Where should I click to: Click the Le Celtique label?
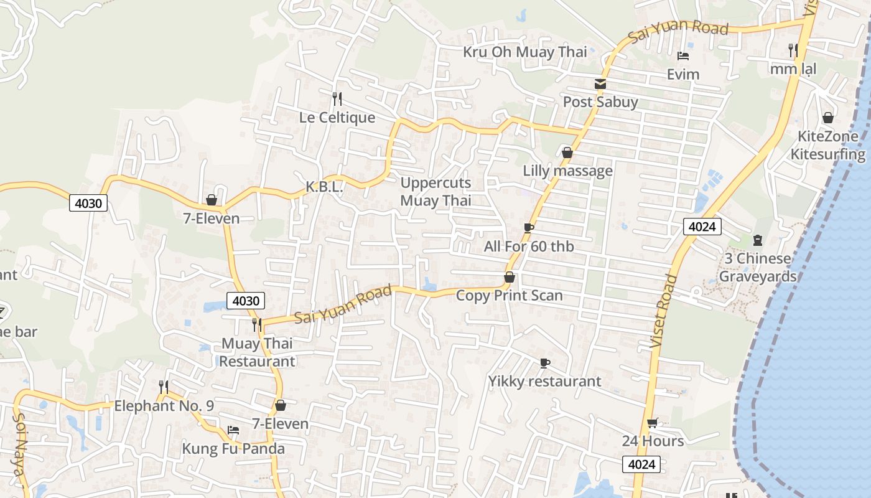pyautogui.click(x=337, y=118)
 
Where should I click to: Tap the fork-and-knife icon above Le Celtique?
pyautogui.click(x=337, y=98)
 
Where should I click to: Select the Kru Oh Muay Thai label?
pyautogui.click(x=524, y=52)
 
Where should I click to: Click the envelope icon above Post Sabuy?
pyautogui.click(x=600, y=83)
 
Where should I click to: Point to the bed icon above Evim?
pyautogui.click(x=683, y=56)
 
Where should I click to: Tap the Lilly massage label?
pyautogui.click(x=567, y=171)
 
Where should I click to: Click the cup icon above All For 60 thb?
pyautogui.click(x=529, y=228)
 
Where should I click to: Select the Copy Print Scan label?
pyautogui.click(x=509, y=296)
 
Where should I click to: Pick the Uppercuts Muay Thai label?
pyautogui.click(x=435, y=192)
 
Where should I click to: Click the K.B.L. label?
pyautogui.click(x=324, y=187)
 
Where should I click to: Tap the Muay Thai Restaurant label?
pyautogui.click(x=257, y=352)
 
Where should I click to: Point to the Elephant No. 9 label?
pyautogui.click(x=164, y=406)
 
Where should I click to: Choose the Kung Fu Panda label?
pyautogui.click(x=233, y=449)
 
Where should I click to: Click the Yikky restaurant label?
pyautogui.click(x=544, y=381)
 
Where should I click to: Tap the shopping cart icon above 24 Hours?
pyautogui.click(x=652, y=423)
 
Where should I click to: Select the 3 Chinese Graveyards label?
pyautogui.click(x=757, y=267)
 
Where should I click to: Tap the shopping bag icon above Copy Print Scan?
pyautogui.click(x=509, y=277)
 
